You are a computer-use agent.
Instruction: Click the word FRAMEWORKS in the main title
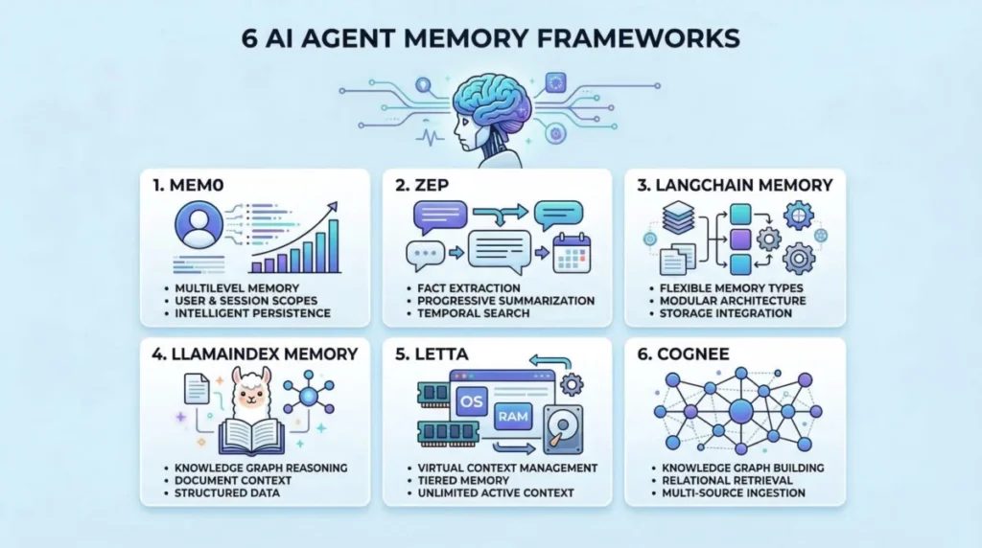coord(638,38)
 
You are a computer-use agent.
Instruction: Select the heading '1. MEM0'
coord(188,185)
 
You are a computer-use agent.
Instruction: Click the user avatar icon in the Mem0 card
coord(199,224)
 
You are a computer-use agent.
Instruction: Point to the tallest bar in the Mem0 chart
coord(334,246)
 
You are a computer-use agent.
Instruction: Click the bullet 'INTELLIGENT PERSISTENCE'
coord(252,313)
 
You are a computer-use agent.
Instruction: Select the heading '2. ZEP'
coord(422,185)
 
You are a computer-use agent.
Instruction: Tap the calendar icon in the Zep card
coord(572,253)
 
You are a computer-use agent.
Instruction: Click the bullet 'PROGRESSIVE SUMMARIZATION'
coord(506,301)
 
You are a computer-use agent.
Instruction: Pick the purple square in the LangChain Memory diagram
coord(741,239)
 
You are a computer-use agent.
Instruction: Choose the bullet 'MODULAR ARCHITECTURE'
coord(733,301)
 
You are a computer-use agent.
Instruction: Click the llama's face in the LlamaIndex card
coord(252,394)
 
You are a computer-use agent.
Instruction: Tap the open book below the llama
coord(252,436)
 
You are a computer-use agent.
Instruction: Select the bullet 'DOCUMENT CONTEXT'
coord(233,480)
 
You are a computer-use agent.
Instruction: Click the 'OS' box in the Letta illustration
coord(472,401)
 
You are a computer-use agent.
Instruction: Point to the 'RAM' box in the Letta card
coord(513,417)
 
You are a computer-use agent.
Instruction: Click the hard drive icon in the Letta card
coord(563,429)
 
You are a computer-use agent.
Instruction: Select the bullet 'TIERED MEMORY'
coord(463,480)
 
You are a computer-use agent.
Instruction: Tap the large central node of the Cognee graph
coord(741,412)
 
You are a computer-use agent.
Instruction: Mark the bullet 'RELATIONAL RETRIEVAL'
coord(727,480)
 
